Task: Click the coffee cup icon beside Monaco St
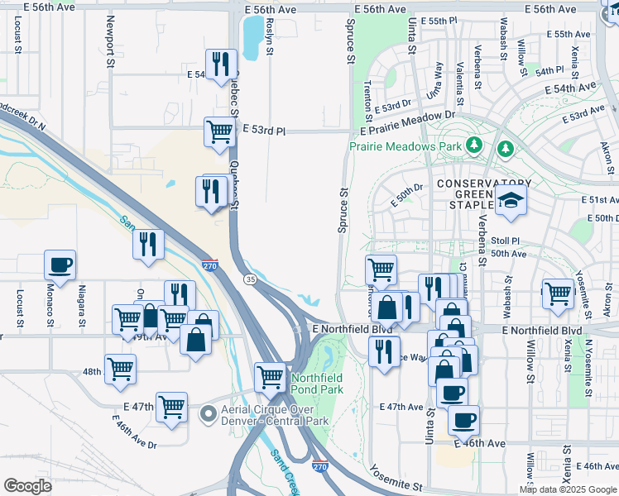60,265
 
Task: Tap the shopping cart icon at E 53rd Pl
219,132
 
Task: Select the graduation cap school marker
511,200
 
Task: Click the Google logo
28,485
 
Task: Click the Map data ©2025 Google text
568,489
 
